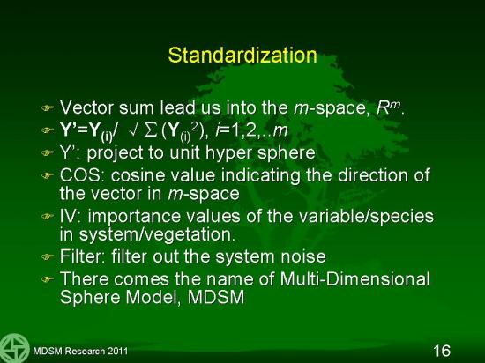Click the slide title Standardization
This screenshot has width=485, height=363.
point(242,56)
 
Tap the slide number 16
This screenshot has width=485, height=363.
point(442,351)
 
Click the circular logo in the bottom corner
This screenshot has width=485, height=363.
point(14,348)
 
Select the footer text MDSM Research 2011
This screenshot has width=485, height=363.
point(80,351)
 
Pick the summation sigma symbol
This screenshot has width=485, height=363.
point(151,131)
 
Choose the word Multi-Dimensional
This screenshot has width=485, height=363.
point(354,278)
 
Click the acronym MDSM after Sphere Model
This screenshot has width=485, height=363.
point(216,297)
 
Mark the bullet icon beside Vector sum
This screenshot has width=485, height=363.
point(48,107)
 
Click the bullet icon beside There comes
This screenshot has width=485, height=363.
point(48,279)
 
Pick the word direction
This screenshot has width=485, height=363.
point(371,175)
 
